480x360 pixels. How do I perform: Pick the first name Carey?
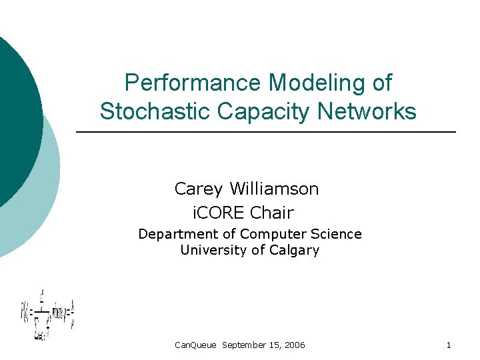[198, 189]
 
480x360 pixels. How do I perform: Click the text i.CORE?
[218, 213]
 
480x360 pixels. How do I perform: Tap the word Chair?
[271, 213]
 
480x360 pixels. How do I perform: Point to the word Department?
[178, 234]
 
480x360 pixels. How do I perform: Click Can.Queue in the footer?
[195, 345]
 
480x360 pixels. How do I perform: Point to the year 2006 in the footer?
[294, 345]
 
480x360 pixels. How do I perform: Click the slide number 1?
[449, 345]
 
